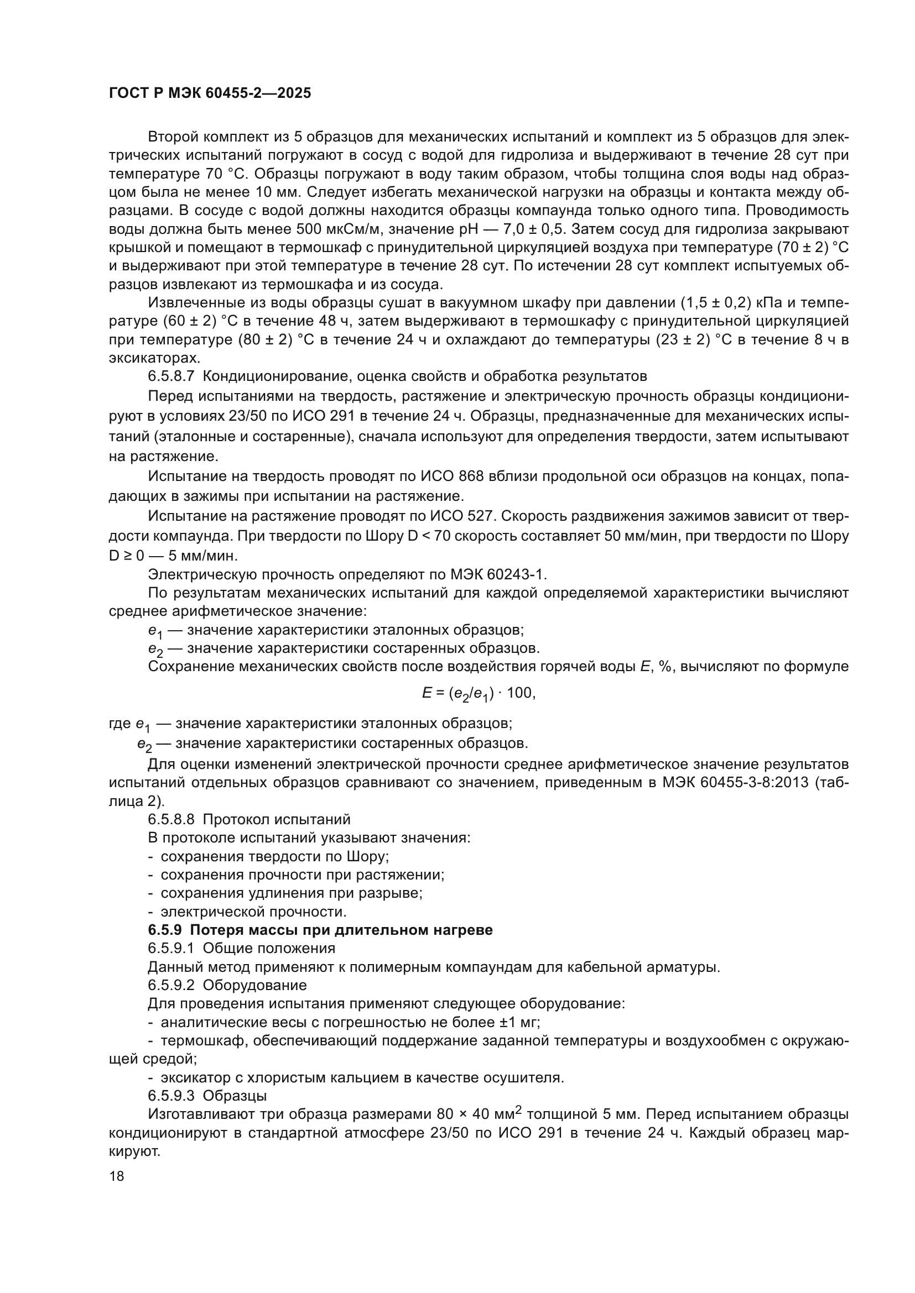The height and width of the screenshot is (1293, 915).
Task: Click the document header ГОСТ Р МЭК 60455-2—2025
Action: pyautogui.click(x=210, y=93)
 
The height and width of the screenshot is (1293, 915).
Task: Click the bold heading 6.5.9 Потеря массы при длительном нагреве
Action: pyautogui.click(x=320, y=930)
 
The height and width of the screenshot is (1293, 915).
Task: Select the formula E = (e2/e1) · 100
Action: pyautogui.click(x=479, y=693)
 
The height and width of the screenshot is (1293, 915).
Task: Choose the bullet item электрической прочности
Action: pyautogui.click(x=253, y=911)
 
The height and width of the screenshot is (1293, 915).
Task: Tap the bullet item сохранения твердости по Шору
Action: pyautogui.click(x=275, y=856)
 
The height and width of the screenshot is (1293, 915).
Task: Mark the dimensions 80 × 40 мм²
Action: pyautogui.click(x=480, y=1114)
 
